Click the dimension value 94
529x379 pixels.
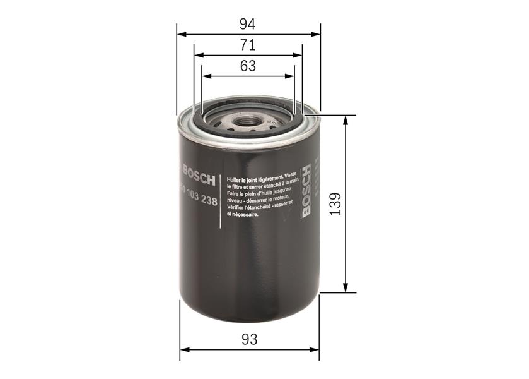[247, 24]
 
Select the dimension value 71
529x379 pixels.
[248, 45]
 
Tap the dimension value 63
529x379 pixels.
[248, 66]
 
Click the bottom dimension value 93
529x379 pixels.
[250, 339]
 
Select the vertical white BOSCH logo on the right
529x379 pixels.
[306, 191]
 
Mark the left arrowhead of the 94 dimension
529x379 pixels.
[180, 33]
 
